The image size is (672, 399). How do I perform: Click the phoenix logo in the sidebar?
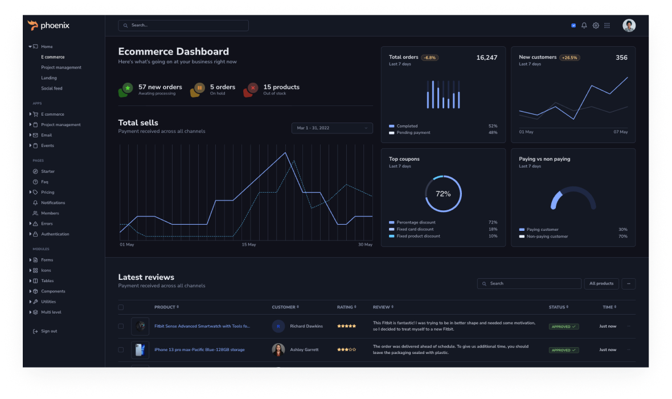(48, 25)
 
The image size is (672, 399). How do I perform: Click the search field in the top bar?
(183, 26)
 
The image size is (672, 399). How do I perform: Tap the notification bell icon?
(584, 26)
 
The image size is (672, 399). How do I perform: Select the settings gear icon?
(596, 26)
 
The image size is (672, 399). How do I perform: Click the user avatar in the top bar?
(629, 26)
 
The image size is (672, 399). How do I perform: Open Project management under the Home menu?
(61, 67)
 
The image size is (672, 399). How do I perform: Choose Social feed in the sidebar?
(52, 88)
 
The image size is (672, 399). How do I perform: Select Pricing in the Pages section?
(48, 192)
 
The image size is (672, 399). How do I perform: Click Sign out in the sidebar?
(49, 331)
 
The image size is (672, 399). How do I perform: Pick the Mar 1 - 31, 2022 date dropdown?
(332, 128)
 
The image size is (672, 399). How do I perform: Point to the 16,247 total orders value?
(486, 58)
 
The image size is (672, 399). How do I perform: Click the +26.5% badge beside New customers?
(569, 58)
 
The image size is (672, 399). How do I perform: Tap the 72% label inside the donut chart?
(443, 194)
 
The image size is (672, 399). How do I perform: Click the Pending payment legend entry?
(413, 133)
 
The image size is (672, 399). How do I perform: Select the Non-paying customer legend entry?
(547, 237)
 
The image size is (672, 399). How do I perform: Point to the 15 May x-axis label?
(249, 245)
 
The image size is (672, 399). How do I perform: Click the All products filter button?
(601, 283)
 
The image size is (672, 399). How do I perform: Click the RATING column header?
(345, 307)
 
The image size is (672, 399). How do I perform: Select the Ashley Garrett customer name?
(304, 350)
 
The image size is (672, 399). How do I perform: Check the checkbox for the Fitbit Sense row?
(121, 327)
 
